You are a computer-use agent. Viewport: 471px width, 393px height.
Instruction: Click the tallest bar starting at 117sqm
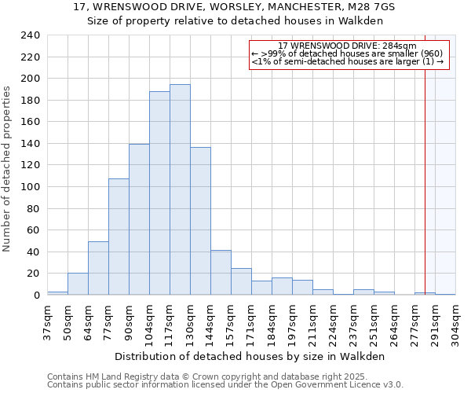[x=180, y=189]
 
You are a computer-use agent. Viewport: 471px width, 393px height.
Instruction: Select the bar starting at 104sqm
[x=159, y=193]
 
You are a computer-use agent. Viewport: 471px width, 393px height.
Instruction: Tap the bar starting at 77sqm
[x=119, y=237]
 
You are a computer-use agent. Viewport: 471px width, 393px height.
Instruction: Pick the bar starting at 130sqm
[x=200, y=221]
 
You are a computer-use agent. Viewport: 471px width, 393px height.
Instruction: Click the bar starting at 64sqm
[x=98, y=268]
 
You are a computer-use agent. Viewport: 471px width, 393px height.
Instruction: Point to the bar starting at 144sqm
[x=221, y=273]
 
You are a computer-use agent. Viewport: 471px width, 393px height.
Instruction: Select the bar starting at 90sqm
[x=139, y=219]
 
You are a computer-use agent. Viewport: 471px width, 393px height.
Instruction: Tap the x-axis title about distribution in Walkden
[x=255, y=356]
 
